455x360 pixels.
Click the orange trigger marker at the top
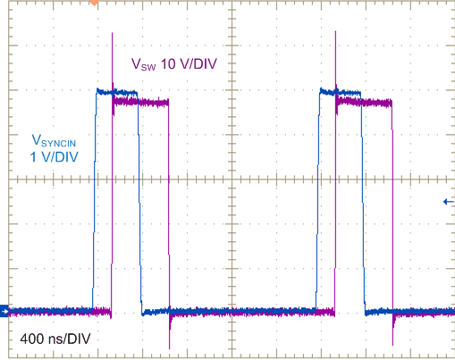coord(95,4)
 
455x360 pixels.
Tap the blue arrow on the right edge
coord(448,202)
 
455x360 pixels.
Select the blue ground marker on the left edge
coord(4,311)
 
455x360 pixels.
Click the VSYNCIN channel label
coord(60,140)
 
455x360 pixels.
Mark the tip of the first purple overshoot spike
coord(112,35)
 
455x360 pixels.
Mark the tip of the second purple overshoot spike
coord(335,35)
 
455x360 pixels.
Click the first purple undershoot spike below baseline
coord(170,344)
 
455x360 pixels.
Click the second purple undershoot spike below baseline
coord(393,342)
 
